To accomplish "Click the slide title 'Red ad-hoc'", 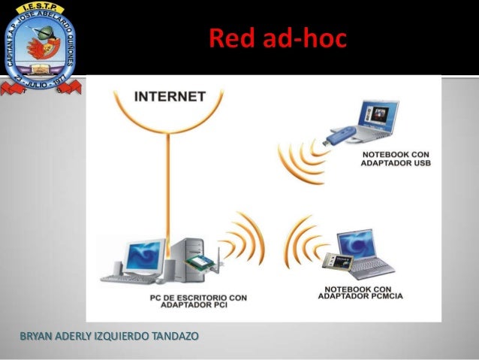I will [277, 38].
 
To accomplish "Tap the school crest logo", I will [41, 45].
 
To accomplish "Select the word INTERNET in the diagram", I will [169, 97].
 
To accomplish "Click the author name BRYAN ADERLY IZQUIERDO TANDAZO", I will [110, 334].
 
